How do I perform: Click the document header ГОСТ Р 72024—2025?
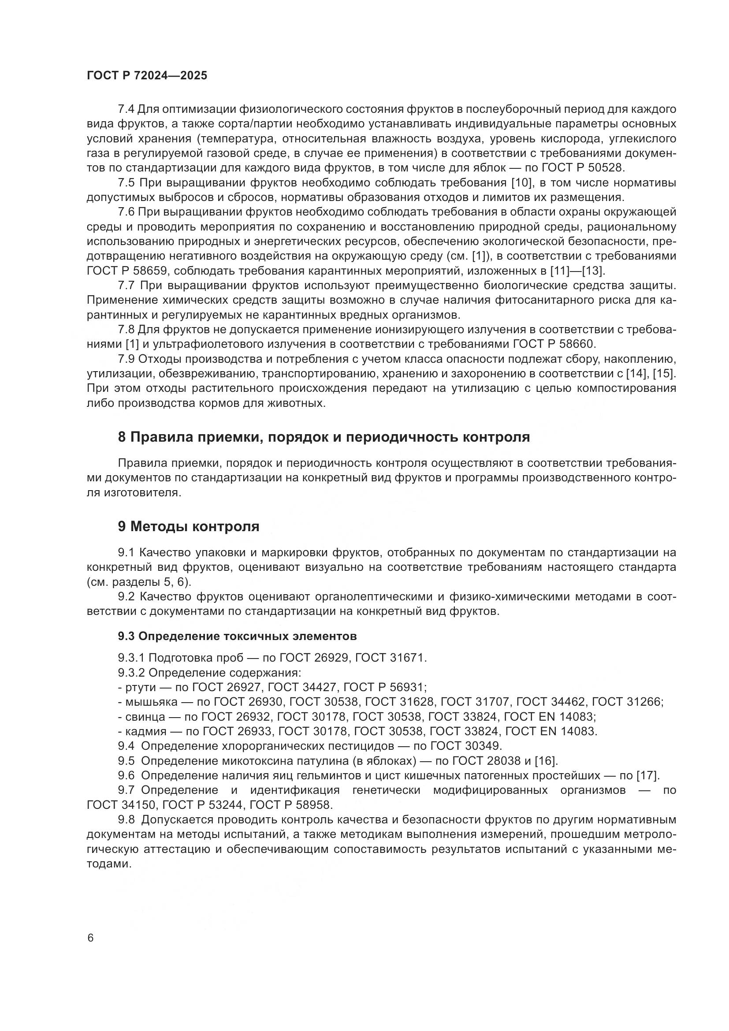click(147, 75)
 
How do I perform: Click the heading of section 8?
click(324, 437)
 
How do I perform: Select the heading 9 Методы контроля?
click(189, 526)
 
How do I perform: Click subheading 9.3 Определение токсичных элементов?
click(238, 636)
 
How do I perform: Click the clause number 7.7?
click(126, 286)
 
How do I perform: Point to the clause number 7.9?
click(126, 359)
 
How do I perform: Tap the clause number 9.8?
click(126, 819)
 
